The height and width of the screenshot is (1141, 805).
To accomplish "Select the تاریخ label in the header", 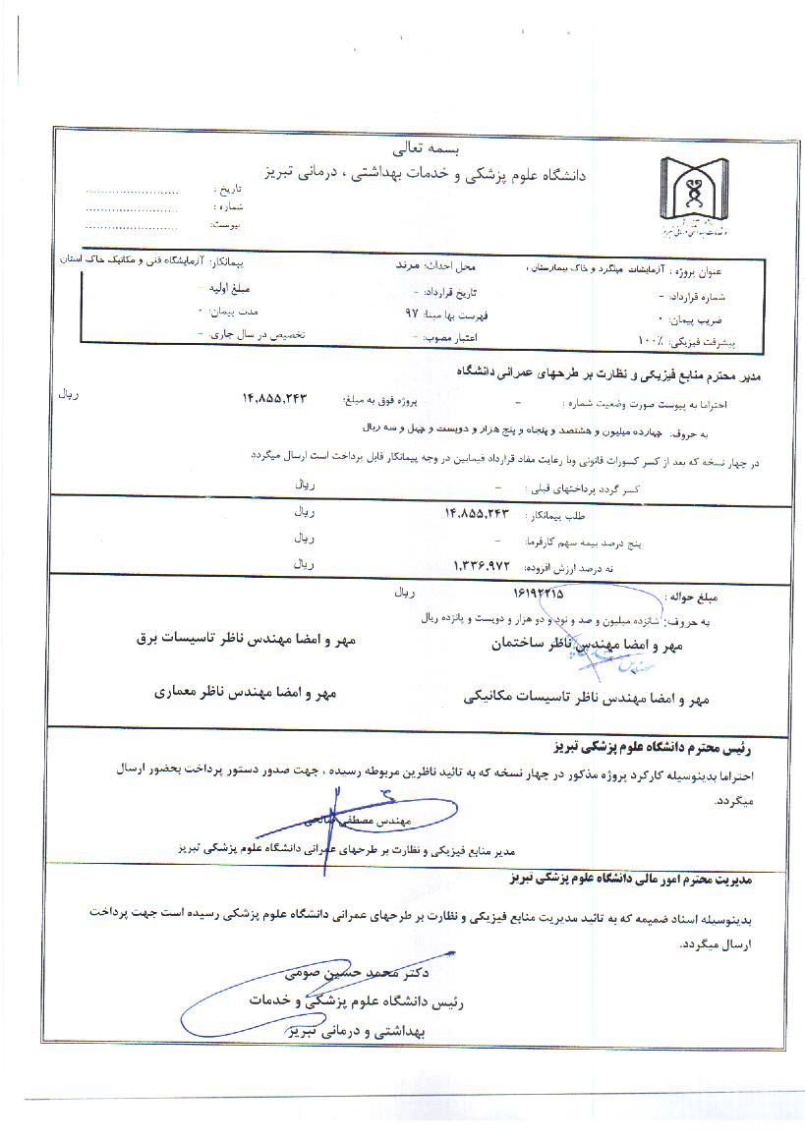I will (227, 188).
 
